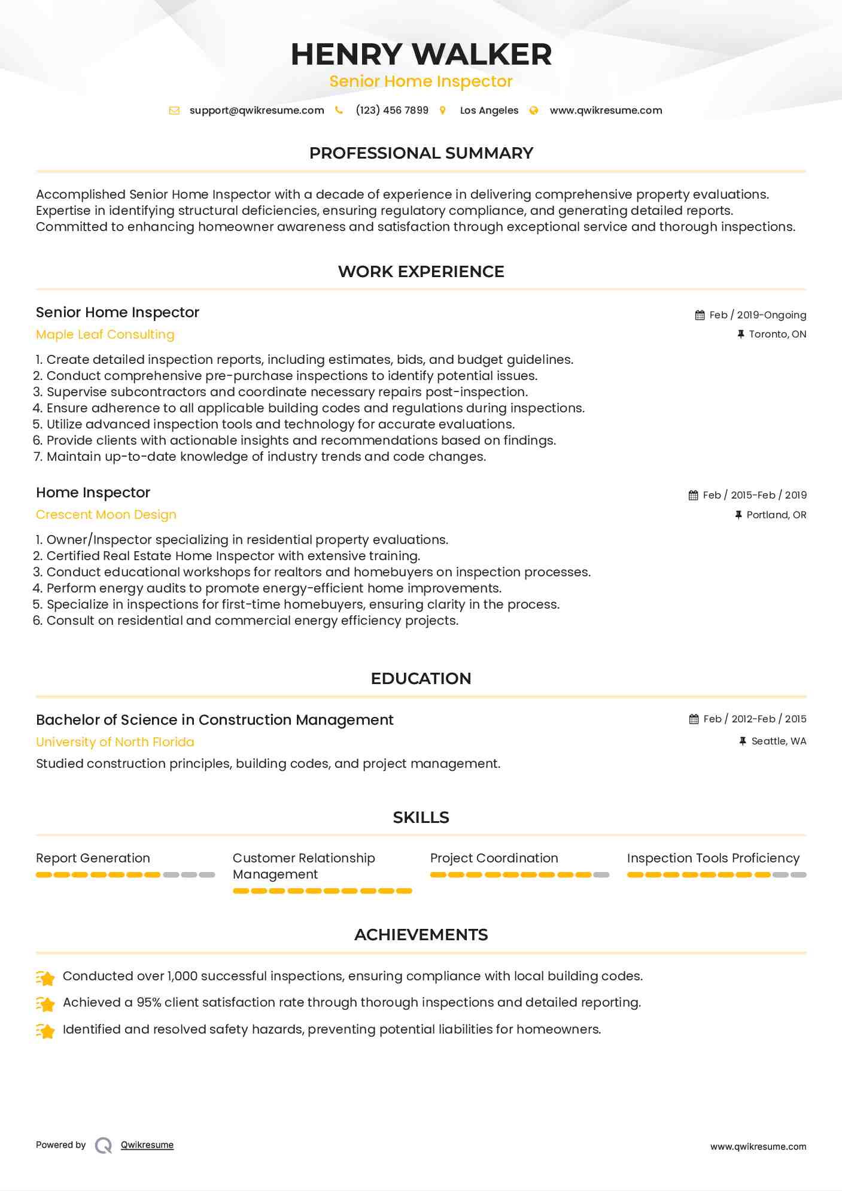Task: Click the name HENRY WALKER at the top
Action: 421,54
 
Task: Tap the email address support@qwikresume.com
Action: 257,110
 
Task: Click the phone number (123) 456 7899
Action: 392,110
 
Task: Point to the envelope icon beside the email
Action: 174,110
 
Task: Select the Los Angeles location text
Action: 489,110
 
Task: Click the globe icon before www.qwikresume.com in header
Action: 534,110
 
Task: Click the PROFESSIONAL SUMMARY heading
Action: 421,153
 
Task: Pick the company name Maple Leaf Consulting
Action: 105,335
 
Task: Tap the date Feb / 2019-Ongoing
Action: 758,315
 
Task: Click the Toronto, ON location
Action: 777,334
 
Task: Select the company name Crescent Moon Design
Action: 106,515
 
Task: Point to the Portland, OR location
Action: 776,515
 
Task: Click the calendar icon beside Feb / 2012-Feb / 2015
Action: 694,719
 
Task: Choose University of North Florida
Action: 115,742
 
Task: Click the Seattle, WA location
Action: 779,741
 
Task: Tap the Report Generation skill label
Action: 93,858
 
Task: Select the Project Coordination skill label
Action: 494,858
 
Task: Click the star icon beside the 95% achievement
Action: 45,1003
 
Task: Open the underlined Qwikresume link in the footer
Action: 147,1145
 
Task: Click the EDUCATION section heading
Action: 421,679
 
